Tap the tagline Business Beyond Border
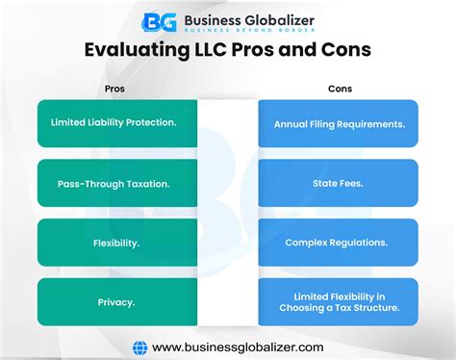(245, 31)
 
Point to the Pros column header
(114, 89)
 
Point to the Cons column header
(339, 89)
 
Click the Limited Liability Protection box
(115, 124)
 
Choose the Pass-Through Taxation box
(115, 183)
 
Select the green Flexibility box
(115, 243)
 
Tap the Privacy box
(115, 302)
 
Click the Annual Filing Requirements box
(338, 124)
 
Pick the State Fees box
(338, 183)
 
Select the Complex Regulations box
(338, 243)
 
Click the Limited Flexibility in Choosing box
(338, 302)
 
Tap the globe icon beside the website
(139, 346)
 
